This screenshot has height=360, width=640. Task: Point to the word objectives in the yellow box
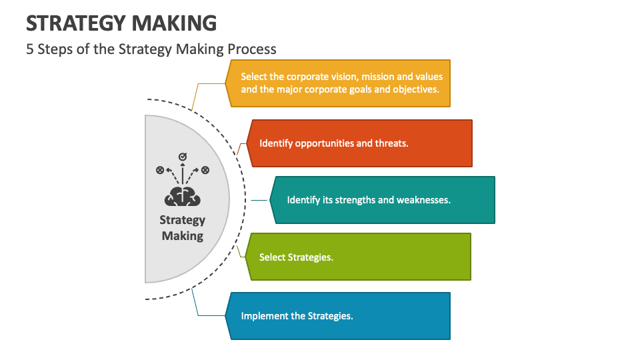[416, 89]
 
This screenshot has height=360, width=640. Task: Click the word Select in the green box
[271, 257]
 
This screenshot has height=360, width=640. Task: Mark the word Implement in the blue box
[264, 316]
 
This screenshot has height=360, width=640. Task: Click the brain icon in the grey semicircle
[182, 196]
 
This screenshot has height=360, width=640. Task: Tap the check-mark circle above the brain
[182, 157]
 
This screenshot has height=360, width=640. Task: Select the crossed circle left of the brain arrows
[160, 170]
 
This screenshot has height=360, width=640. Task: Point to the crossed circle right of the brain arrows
[205, 170]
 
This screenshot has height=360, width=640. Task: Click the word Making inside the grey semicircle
[182, 236]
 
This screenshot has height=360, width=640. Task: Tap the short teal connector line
[260, 199]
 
